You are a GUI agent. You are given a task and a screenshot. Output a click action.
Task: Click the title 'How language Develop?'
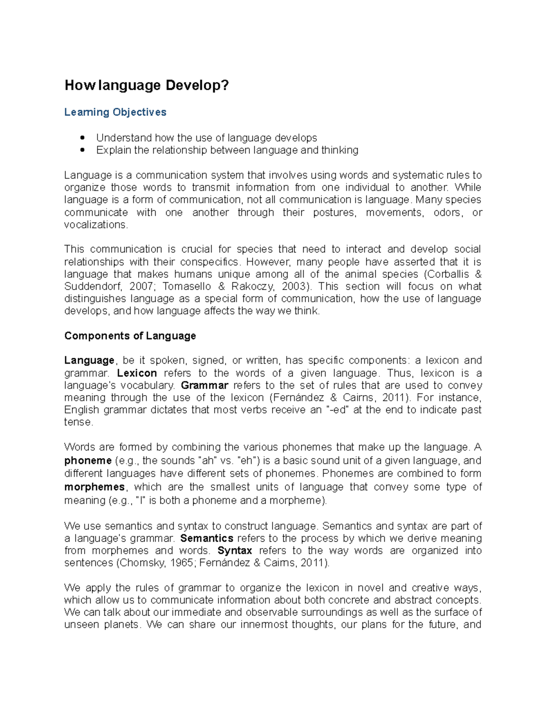[x=146, y=86]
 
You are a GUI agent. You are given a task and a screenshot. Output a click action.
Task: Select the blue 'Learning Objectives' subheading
[x=115, y=112]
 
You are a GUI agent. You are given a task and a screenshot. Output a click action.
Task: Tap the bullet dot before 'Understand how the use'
[x=83, y=137]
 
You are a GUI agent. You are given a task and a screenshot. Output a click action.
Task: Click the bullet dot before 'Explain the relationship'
[x=83, y=150]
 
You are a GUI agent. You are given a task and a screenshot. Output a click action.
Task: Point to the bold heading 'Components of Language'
[x=130, y=336]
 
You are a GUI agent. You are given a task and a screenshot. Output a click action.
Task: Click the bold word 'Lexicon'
[x=137, y=373]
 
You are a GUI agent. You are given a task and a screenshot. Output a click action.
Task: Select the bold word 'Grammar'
[x=204, y=386]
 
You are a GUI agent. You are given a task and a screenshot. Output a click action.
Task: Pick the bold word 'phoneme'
[x=88, y=461]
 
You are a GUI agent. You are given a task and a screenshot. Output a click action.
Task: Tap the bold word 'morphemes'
[x=94, y=487]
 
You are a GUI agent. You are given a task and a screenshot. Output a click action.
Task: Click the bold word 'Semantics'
[x=207, y=539]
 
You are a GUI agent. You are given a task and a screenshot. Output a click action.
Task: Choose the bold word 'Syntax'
[x=235, y=551]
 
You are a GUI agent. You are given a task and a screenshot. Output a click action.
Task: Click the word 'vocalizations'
[x=95, y=225]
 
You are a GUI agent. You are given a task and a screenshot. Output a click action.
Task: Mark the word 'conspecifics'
[x=210, y=262]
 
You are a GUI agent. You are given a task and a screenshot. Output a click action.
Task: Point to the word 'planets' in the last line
[x=121, y=625]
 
